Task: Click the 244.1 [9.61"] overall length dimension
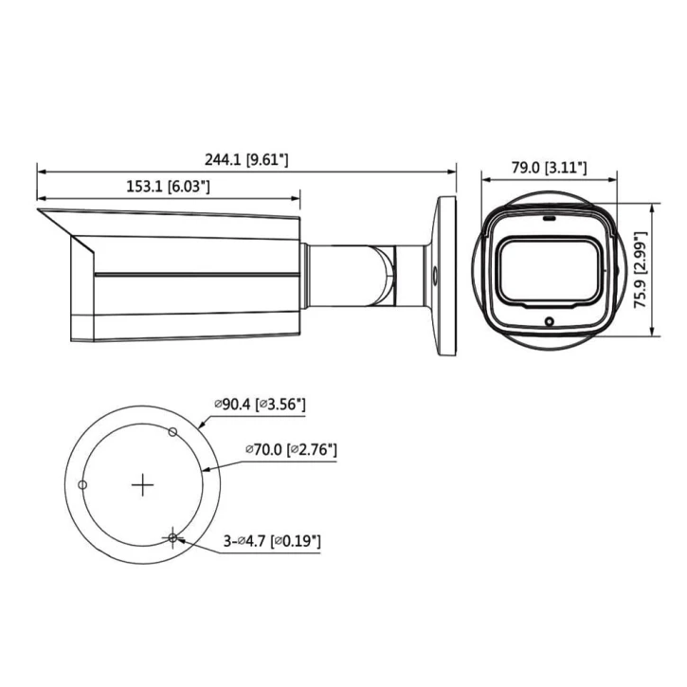pyautogui.click(x=245, y=161)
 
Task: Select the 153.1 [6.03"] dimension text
pyautogui.click(x=168, y=188)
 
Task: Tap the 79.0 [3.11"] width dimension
pyautogui.click(x=549, y=168)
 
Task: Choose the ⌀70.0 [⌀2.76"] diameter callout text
pyautogui.click(x=290, y=448)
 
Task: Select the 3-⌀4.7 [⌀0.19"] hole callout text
pyautogui.click(x=271, y=541)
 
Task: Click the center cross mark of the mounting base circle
pyautogui.click(x=142, y=485)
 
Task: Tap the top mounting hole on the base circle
pyautogui.click(x=172, y=433)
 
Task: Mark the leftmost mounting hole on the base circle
pyautogui.click(x=82, y=485)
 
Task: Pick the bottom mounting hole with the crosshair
pyautogui.click(x=172, y=538)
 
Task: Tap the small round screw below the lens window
pyautogui.click(x=549, y=322)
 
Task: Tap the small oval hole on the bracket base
pyautogui.click(x=433, y=276)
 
